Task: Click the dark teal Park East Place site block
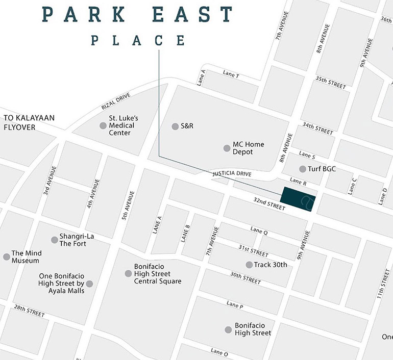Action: click(299, 198)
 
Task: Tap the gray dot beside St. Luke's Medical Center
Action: click(103, 125)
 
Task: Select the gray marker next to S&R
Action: click(175, 126)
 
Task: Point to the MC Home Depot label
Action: click(242, 148)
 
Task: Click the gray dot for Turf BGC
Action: click(303, 169)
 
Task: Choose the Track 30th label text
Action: click(271, 265)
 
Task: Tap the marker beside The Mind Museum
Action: click(6, 256)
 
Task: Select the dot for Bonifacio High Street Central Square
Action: click(128, 273)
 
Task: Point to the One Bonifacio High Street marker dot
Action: click(89, 284)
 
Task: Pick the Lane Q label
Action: click(259, 231)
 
